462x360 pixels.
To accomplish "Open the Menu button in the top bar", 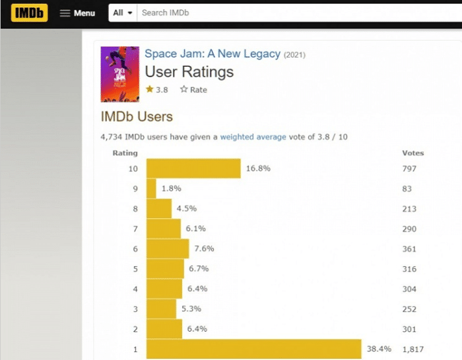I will (x=77, y=13).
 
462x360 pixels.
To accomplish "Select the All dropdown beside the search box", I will (x=123, y=13).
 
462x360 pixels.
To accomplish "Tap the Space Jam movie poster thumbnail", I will (x=119, y=74).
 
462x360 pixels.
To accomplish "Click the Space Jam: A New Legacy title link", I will (x=213, y=54).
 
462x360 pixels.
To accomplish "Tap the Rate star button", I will (x=193, y=90).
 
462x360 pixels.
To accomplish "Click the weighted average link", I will (x=253, y=137).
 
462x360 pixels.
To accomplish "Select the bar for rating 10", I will (x=193, y=168).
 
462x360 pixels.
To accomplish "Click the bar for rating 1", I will (x=254, y=349).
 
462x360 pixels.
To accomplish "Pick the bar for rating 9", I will (x=151, y=189).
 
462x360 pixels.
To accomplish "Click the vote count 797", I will (x=409, y=168).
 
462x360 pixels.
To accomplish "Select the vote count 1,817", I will (x=414, y=349).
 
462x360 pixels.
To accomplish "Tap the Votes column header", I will (x=413, y=153).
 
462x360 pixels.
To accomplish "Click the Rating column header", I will (x=125, y=153).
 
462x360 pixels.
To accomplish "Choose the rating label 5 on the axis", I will (x=135, y=269).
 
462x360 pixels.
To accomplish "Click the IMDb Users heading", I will (x=137, y=117).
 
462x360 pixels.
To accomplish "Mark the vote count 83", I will (x=407, y=189).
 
